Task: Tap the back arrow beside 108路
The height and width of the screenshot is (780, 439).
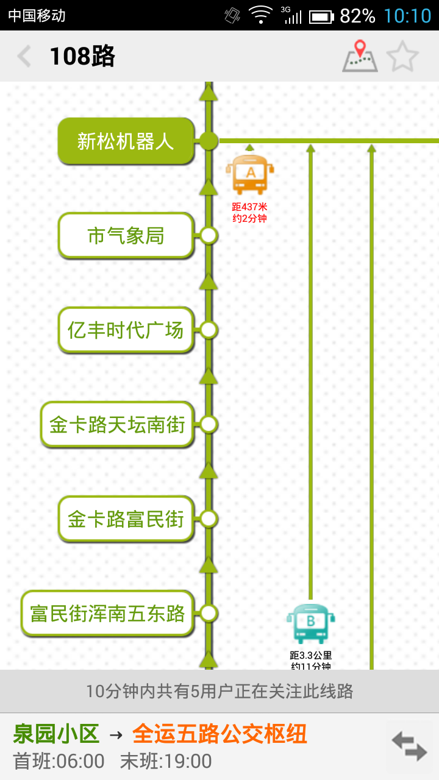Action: [x=24, y=57]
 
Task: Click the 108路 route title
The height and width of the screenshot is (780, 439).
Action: [x=82, y=57]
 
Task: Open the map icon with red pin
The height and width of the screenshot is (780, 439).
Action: [x=360, y=56]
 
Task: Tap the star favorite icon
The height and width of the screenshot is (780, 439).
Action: [x=402, y=57]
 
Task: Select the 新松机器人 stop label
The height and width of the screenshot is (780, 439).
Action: [x=126, y=141]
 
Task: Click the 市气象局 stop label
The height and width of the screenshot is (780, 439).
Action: [x=126, y=236]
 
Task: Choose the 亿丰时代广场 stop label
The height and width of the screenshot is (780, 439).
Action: [x=126, y=330]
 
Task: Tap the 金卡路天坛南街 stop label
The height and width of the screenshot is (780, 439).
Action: [x=117, y=425]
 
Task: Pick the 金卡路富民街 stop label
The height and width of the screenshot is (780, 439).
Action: [x=126, y=519]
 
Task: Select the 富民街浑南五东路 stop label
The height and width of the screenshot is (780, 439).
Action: [x=107, y=614]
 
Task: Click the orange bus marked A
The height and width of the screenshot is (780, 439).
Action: [x=250, y=174]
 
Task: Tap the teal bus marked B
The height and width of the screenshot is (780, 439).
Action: [x=311, y=623]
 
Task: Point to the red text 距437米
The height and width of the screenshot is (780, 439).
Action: [x=250, y=207]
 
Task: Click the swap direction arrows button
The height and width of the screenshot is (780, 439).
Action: [x=409, y=746]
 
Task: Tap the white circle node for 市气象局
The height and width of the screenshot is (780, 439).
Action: [x=209, y=235]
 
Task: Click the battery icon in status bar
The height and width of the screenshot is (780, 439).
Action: [x=321, y=16]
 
